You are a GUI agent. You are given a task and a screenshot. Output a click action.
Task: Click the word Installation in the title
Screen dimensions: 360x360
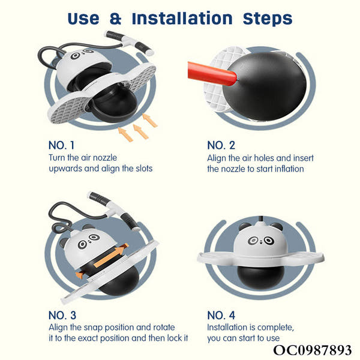tap(182, 19)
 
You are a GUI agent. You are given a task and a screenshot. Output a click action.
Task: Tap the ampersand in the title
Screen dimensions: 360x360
tap(115, 19)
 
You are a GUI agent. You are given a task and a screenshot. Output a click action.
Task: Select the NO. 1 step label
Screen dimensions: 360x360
tap(62, 145)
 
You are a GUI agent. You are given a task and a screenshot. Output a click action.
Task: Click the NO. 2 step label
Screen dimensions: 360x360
tap(221, 145)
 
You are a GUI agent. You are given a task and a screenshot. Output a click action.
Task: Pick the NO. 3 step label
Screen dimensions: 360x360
tap(62, 315)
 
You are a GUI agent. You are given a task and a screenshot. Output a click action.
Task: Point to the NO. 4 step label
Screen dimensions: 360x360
tap(221, 315)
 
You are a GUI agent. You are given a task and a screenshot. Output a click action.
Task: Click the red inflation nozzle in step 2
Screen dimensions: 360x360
tap(212, 73)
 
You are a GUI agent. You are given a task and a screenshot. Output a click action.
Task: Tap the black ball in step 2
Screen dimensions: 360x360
tap(265, 86)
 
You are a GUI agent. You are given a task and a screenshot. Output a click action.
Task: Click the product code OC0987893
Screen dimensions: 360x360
tap(312, 350)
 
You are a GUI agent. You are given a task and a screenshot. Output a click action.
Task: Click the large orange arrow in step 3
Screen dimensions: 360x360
tap(111, 256)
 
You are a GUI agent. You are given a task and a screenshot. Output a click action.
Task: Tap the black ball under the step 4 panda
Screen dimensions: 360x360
tap(259, 277)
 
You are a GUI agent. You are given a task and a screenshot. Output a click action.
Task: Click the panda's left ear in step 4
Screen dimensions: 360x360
tap(244, 227)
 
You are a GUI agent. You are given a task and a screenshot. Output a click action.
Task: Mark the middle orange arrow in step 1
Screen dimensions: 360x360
tap(141, 131)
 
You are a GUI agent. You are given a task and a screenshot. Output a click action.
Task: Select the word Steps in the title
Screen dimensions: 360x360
tap(268, 19)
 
